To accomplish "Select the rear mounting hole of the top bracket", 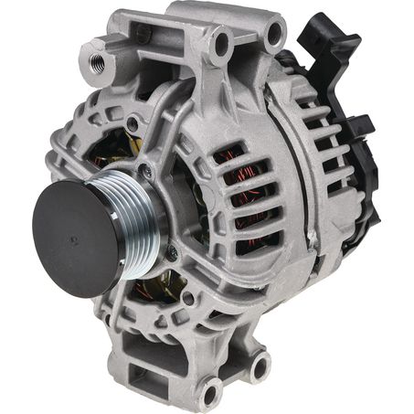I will click(272, 34).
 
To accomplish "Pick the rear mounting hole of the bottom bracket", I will click(260, 365).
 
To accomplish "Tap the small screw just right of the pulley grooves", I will click(171, 249).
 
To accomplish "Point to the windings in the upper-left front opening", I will click(110, 151).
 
